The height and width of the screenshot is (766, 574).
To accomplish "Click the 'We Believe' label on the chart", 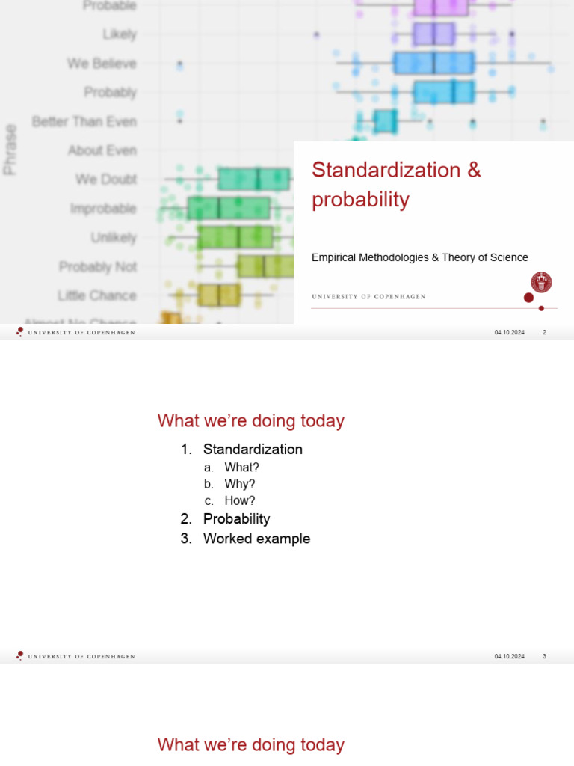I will (x=102, y=64).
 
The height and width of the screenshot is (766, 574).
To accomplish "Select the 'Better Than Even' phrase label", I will (x=84, y=121).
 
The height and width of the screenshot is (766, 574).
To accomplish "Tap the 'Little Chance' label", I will (x=96, y=295).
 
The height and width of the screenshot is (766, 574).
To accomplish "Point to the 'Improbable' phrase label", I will (x=103, y=209).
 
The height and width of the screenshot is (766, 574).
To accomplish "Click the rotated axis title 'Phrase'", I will (x=10, y=150).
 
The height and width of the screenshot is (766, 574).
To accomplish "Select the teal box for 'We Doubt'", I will (x=254, y=180).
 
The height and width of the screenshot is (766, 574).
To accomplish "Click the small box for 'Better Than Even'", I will (x=385, y=121).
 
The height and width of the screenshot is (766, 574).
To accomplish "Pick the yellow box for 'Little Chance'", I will (x=219, y=295).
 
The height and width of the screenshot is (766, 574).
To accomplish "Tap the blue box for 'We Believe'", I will (x=433, y=63).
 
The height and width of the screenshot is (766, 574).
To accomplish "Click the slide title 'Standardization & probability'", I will (x=396, y=185).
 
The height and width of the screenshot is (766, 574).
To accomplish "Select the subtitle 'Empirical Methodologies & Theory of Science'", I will (x=419, y=257).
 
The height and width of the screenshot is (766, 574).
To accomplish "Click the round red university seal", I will (x=541, y=282).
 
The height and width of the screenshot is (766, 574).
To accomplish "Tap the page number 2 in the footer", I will (x=544, y=333).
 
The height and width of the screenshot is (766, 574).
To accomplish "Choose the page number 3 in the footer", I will (x=544, y=657).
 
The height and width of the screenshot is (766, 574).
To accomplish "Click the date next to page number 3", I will (x=509, y=657).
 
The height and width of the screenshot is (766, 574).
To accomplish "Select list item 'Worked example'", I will (x=256, y=539).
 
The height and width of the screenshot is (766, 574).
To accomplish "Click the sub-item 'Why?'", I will (x=240, y=484).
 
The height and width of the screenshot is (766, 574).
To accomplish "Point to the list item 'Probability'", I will (x=236, y=519).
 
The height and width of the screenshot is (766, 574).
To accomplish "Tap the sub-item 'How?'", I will (x=240, y=501).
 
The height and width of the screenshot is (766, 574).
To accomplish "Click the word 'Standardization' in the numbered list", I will (x=253, y=450).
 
